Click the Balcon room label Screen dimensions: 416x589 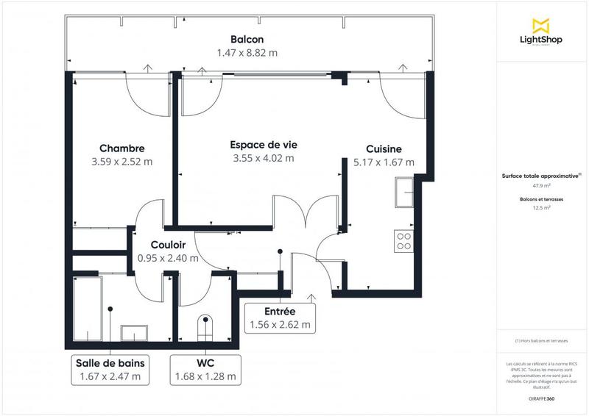point(247,39)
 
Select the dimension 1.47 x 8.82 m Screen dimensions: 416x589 point(247,53)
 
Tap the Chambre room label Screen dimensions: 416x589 point(121,148)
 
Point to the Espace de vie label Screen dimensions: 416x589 point(263,144)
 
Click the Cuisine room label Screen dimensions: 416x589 point(384,148)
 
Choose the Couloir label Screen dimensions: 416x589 point(168,245)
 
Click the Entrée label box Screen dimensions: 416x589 point(279,318)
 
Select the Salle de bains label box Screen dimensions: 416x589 point(110,369)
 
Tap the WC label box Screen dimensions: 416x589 point(205,369)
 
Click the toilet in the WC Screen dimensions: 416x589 point(205,326)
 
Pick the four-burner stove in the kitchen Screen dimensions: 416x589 point(403,241)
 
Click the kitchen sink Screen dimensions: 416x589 point(405,196)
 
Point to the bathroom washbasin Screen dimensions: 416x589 point(134,333)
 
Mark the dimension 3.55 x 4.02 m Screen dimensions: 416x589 point(263,158)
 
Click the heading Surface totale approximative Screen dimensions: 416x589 point(540,176)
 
